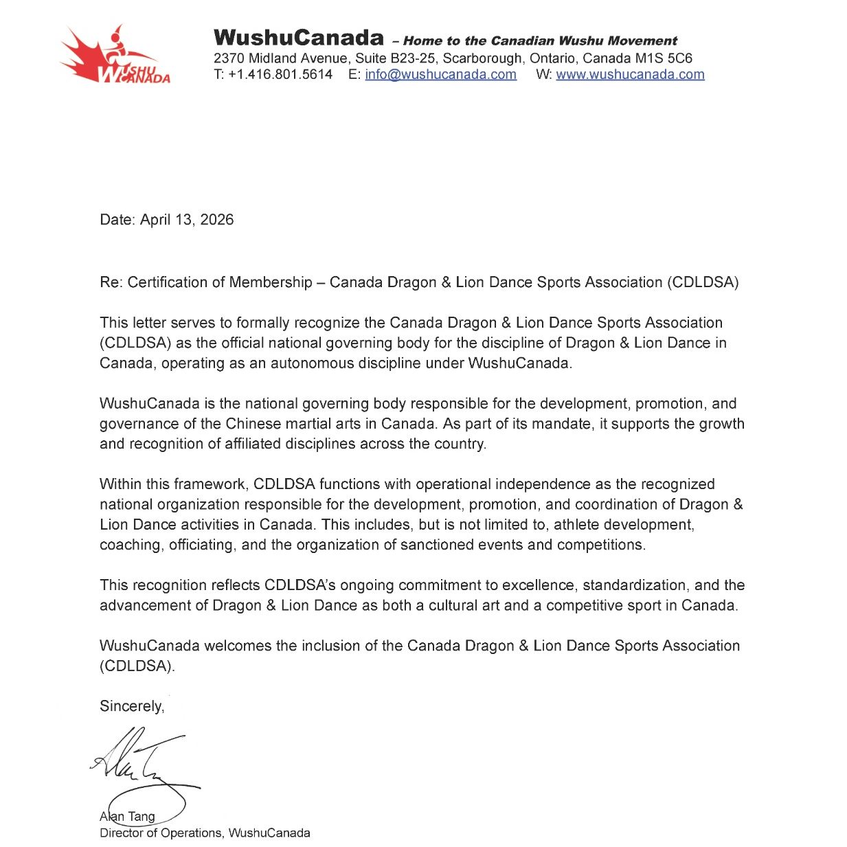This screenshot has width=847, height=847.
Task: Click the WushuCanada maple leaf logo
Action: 113,56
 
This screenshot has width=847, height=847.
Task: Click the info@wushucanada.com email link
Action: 440,75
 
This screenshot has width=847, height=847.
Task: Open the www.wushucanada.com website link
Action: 630,75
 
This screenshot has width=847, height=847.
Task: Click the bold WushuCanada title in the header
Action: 298,38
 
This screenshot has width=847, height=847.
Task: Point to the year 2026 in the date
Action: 217,220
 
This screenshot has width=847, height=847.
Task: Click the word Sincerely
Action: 132,707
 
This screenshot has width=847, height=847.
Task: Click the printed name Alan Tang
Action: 128,817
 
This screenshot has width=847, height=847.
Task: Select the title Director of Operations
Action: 161,833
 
